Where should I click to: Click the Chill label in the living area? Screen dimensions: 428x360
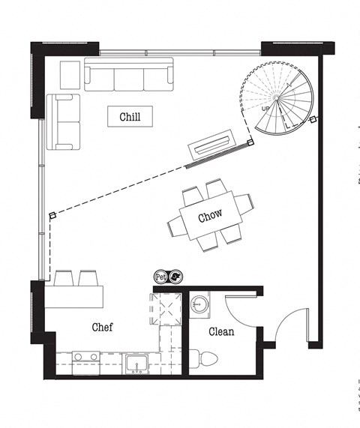(x=130, y=117)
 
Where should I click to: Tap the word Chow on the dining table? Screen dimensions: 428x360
(x=210, y=217)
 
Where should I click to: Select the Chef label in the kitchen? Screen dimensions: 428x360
(x=103, y=327)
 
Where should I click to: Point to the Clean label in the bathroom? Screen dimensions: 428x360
(x=221, y=331)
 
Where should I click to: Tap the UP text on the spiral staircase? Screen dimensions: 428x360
(x=265, y=109)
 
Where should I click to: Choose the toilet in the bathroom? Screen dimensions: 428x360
(x=203, y=360)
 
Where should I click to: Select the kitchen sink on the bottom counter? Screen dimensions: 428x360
(x=136, y=364)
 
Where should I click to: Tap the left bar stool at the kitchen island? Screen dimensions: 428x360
(x=63, y=278)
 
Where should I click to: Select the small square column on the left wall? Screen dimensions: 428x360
(x=52, y=216)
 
